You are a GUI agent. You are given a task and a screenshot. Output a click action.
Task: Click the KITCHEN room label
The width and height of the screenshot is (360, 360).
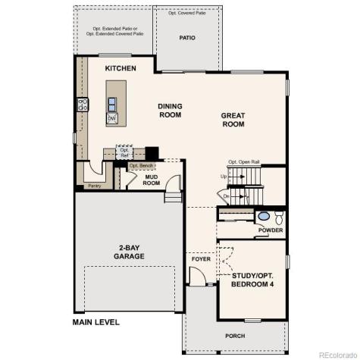(x=121, y=69)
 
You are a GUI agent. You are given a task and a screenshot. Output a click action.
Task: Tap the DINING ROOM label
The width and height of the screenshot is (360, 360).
(x=171, y=111)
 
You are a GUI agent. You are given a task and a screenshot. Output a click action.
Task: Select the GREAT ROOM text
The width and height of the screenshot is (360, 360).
(x=233, y=121)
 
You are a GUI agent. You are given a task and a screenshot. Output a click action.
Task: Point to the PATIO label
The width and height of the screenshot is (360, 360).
(x=187, y=37)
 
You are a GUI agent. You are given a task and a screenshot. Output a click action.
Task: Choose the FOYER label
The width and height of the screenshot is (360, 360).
(x=200, y=259)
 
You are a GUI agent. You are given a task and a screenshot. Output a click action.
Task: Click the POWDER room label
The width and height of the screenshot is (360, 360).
(x=271, y=230)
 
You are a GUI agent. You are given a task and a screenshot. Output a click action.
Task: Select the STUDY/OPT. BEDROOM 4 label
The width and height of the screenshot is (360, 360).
(x=252, y=279)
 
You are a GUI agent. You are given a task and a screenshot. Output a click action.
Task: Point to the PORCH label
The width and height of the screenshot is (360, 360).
(x=235, y=336)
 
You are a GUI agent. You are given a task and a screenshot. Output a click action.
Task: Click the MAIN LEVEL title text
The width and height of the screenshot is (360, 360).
(x=96, y=322)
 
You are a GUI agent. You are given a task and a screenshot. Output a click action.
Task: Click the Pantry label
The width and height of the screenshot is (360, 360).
(x=94, y=186)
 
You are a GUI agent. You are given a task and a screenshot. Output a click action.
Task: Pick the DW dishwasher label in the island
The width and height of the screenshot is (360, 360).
(x=111, y=118)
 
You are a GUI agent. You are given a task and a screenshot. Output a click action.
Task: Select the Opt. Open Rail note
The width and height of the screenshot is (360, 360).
(x=244, y=161)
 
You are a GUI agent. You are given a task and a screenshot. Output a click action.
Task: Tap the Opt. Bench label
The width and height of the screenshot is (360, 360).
(x=142, y=165)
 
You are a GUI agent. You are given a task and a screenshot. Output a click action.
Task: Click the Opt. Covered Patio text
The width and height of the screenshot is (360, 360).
(x=187, y=13)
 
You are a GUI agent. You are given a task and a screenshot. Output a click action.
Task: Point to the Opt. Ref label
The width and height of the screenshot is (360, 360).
(x=126, y=152)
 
